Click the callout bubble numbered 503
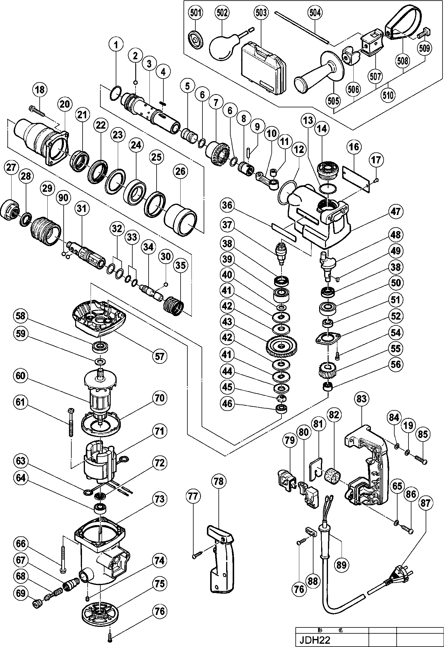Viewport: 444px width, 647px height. point(261,13)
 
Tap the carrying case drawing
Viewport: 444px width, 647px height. point(263,68)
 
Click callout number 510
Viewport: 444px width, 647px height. point(388,95)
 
